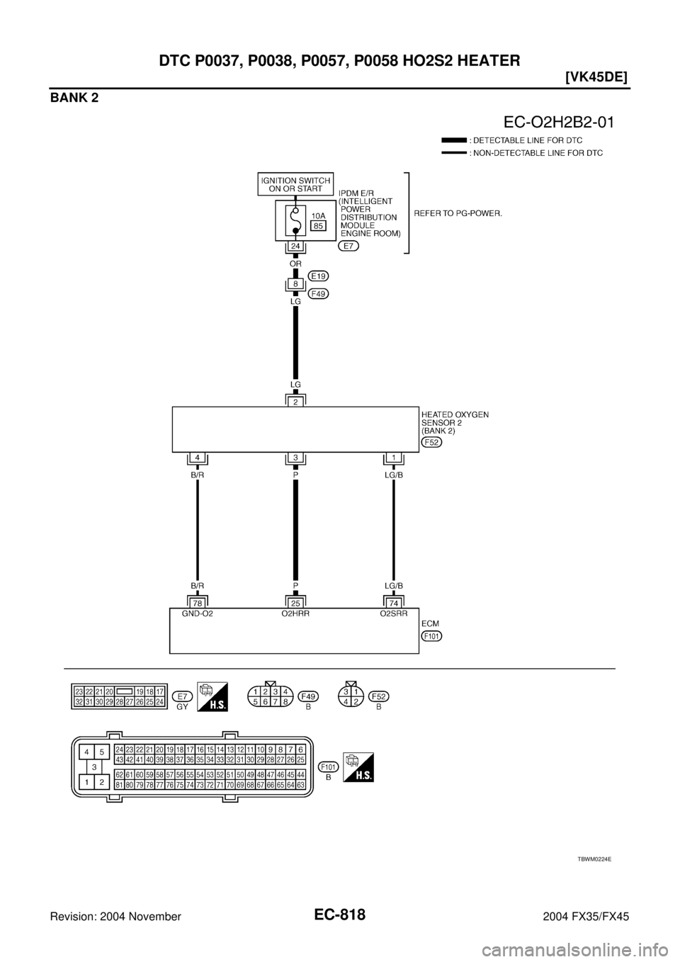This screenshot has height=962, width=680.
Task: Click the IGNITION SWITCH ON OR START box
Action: pyautogui.click(x=295, y=184)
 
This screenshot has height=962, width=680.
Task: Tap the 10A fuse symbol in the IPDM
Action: pyautogui.click(x=295, y=221)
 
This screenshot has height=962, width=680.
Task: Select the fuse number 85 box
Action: pyautogui.click(x=318, y=226)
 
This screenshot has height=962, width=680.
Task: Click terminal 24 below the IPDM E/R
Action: pyautogui.click(x=295, y=247)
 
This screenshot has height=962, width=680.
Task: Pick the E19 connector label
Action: pyautogui.click(x=318, y=276)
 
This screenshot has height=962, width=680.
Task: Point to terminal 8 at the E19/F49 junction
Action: pyautogui.click(x=295, y=284)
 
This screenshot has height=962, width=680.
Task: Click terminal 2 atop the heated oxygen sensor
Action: pyautogui.click(x=295, y=402)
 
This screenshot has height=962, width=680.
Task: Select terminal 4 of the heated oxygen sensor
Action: pyautogui.click(x=198, y=458)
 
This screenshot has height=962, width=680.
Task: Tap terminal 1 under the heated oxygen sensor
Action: pyautogui.click(x=394, y=458)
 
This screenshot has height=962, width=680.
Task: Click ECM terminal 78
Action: pyautogui.click(x=198, y=604)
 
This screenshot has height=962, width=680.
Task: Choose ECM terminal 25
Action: pyautogui.click(x=295, y=604)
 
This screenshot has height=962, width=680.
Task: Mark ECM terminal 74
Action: pyautogui.click(x=394, y=604)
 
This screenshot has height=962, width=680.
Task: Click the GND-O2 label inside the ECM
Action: pyautogui.click(x=198, y=614)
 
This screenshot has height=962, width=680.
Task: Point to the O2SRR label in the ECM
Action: pyautogui.click(x=394, y=614)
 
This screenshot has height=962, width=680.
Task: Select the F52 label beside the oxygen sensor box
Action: pyautogui.click(x=432, y=442)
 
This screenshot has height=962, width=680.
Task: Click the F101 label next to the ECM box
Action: pyautogui.click(x=432, y=636)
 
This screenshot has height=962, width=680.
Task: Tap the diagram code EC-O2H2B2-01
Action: pyautogui.click(x=558, y=123)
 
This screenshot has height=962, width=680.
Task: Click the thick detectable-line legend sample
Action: pyautogui.click(x=453, y=140)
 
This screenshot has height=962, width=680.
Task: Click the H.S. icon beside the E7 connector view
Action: pyautogui.click(x=212, y=696)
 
